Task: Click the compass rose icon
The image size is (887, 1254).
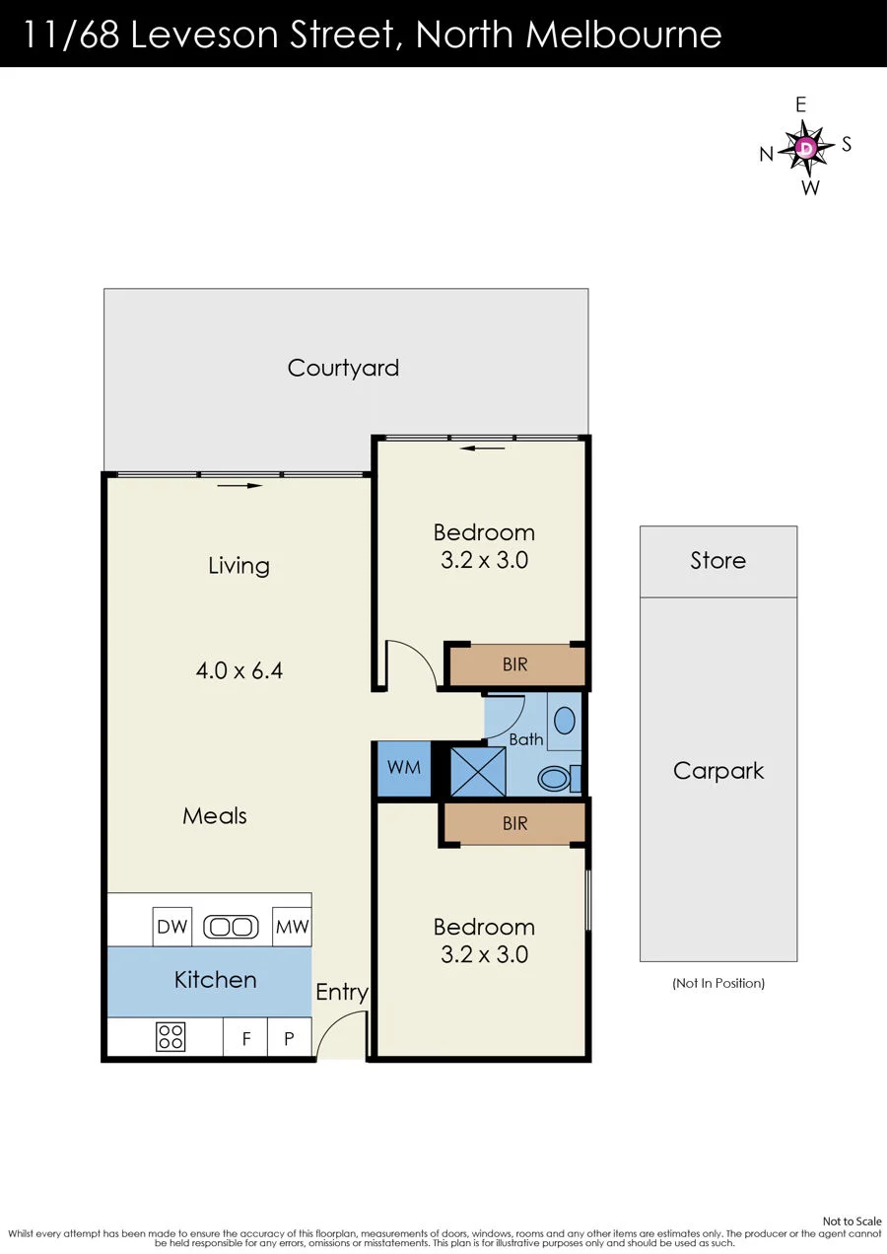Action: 806,147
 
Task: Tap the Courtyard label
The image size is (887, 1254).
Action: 343,369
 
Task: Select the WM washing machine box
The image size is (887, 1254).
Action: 404,768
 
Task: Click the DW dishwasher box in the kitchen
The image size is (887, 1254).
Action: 172,927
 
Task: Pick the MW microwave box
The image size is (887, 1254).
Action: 292,927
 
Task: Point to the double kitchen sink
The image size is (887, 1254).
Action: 232,927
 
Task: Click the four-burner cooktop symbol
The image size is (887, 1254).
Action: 171,1036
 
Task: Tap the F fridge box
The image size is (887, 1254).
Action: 245,1037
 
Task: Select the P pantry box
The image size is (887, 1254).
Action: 290,1037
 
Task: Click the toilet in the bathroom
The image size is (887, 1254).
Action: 559,778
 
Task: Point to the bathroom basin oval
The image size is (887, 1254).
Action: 565,721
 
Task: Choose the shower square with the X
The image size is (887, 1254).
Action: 478,771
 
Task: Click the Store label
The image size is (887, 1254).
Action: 718,560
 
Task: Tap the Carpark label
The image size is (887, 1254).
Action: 718,772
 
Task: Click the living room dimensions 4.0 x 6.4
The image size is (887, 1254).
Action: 239,670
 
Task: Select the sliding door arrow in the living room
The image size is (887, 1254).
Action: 239,486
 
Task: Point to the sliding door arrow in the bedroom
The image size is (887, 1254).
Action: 482,448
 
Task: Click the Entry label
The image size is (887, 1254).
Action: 342,993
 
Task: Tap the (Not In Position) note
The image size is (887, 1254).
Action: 718,983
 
